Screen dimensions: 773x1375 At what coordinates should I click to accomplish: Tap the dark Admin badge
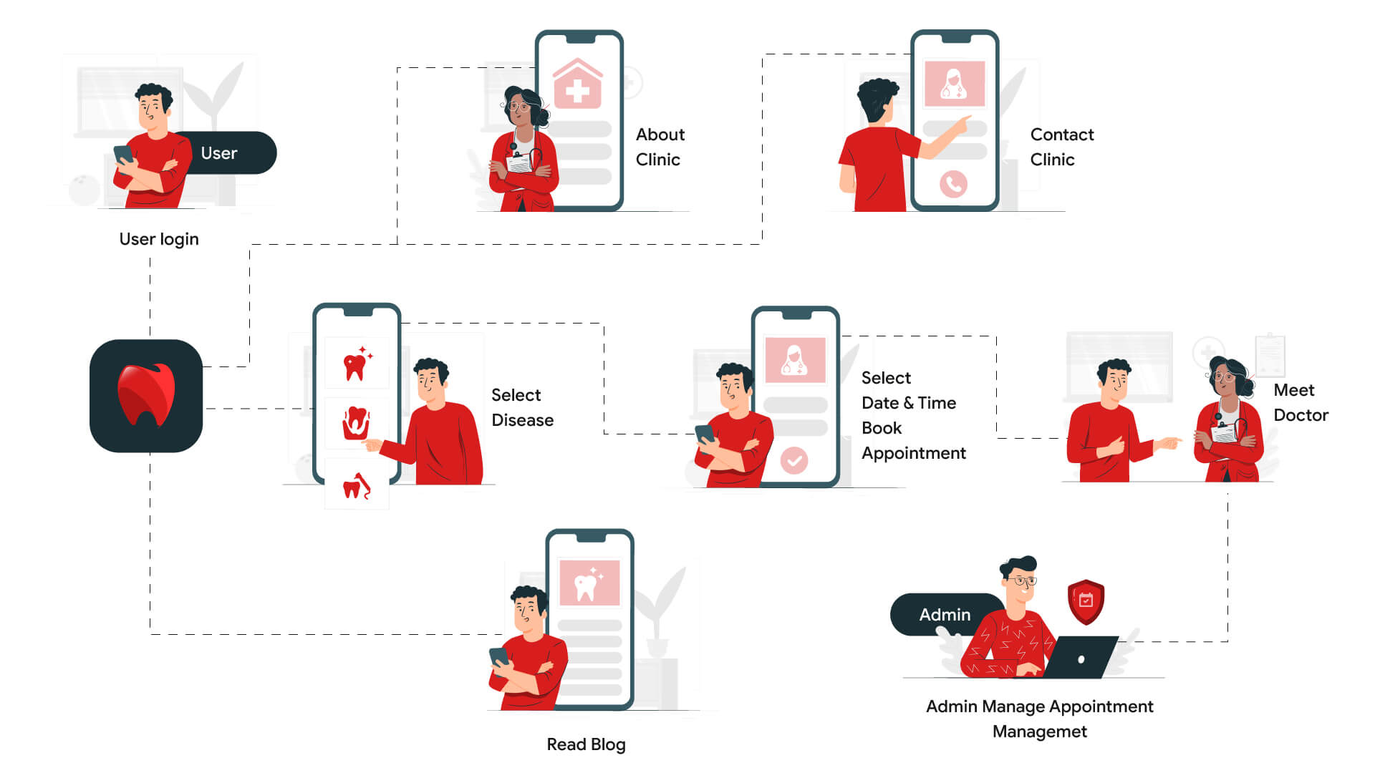944,615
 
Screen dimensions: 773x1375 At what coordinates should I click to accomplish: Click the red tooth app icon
146,396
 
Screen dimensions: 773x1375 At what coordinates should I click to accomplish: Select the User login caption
159,239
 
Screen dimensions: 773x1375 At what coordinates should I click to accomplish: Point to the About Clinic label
660,147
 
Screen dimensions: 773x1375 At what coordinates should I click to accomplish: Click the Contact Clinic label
1061,147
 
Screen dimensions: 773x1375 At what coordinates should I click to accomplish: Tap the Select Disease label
522,407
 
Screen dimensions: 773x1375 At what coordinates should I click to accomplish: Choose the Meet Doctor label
1300,402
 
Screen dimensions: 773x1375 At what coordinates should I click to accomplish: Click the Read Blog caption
586,744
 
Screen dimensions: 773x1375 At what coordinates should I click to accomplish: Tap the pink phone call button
953,185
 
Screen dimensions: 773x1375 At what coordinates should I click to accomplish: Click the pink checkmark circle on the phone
794,460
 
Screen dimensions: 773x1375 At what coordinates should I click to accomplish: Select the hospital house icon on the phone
578,84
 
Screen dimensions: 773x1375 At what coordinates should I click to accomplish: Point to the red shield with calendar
1086,601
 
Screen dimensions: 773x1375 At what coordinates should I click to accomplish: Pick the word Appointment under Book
914,453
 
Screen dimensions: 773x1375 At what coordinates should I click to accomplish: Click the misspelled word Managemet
1039,731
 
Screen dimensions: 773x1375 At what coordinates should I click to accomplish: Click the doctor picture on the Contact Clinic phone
955,84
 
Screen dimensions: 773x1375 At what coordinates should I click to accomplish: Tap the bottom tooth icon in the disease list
357,486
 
